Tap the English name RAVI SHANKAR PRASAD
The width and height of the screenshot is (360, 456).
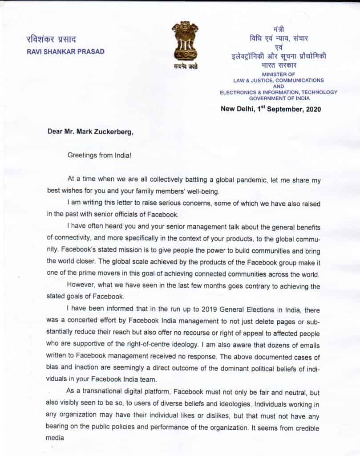pos(66,51)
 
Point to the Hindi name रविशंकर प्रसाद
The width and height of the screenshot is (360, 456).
pos(54,39)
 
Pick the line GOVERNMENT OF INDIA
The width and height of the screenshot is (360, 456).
pos(279,98)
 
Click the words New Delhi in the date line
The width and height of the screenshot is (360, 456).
pos(237,109)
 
